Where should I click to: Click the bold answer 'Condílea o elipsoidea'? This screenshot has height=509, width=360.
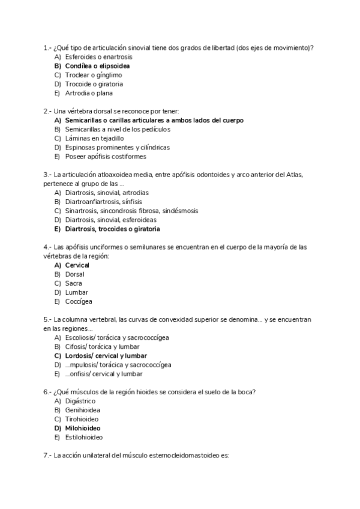click(x=97, y=65)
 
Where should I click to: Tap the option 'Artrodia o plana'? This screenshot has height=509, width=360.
click(x=89, y=93)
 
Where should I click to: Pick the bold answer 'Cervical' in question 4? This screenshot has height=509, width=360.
click(x=77, y=265)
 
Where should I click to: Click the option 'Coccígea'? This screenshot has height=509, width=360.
click(x=79, y=301)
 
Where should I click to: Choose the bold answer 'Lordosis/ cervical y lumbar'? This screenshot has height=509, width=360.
click(x=106, y=355)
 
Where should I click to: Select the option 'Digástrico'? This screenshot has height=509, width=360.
click(x=80, y=400)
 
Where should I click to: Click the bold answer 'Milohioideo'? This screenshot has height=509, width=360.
click(x=82, y=428)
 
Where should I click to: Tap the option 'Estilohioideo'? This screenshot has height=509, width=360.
click(x=83, y=437)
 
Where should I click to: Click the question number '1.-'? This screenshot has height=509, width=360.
click(x=47, y=47)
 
